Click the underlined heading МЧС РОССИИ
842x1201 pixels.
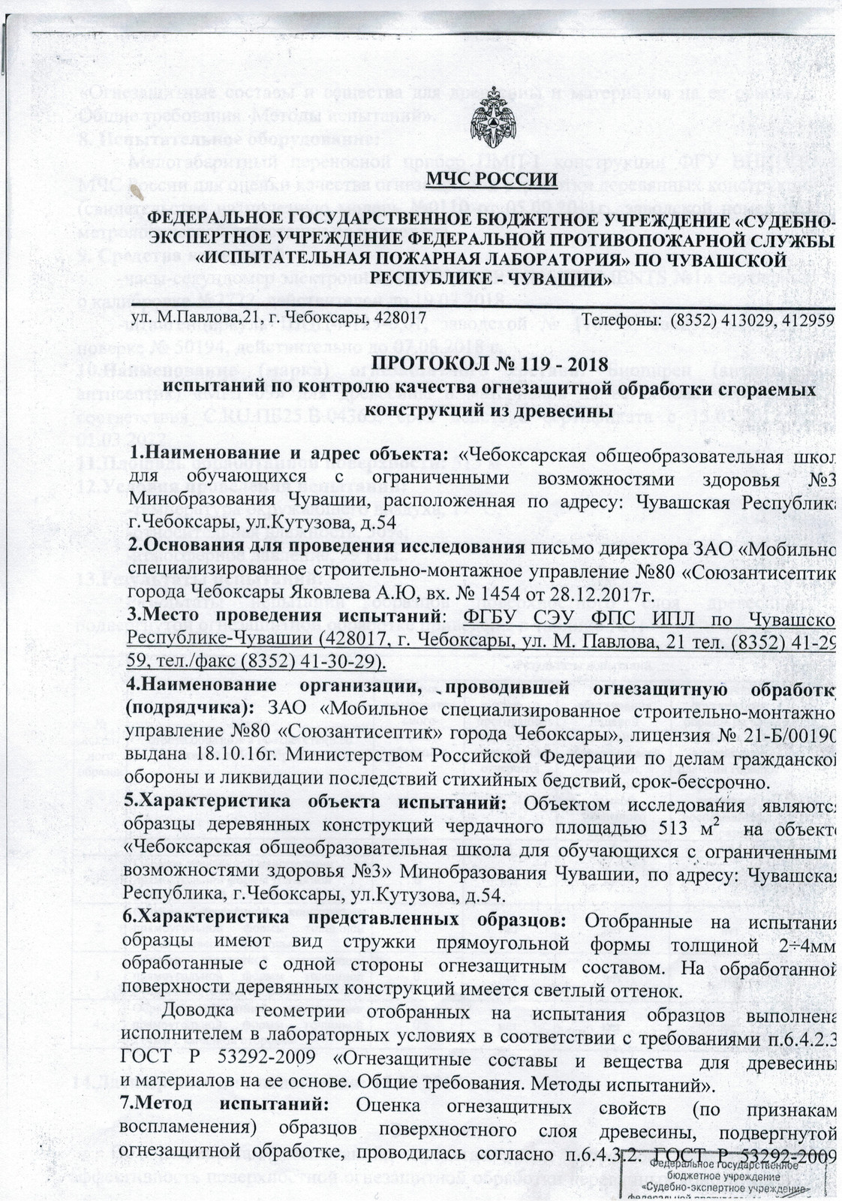point(492,179)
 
